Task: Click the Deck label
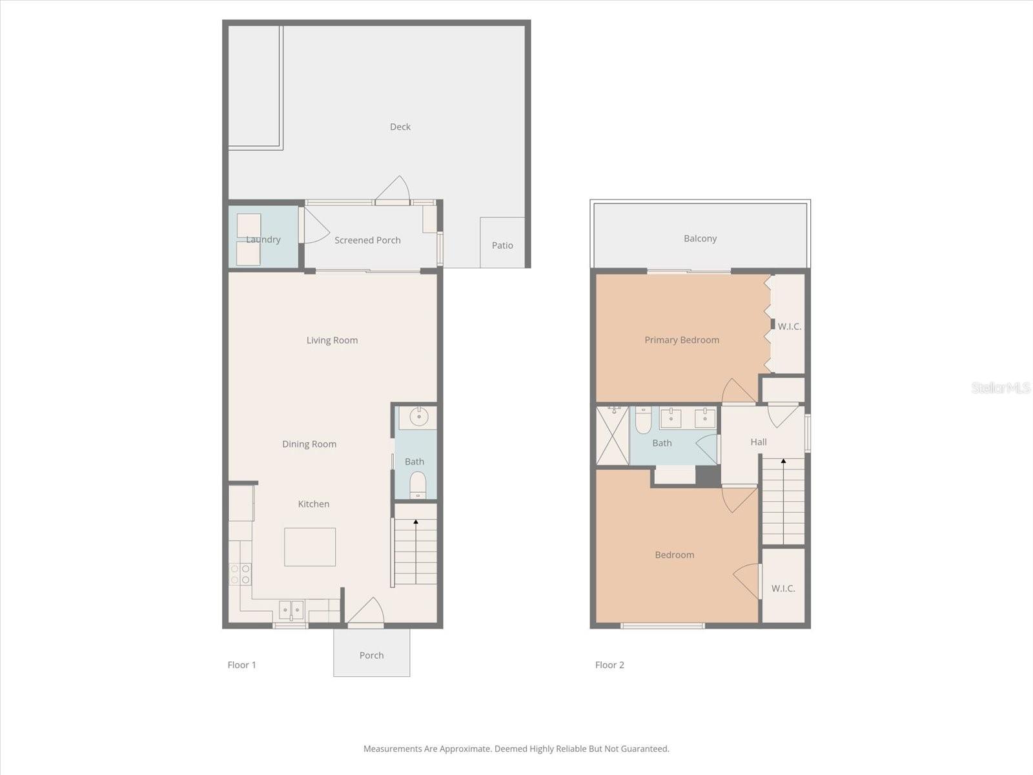[400, 127]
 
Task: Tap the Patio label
[502, 245]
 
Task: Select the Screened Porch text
[367, 240]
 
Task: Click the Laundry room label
[263, 240]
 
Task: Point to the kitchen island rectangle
[310, 547]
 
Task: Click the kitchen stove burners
[240, 574]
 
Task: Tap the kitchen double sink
[291, 609]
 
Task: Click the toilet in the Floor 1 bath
[418, 484]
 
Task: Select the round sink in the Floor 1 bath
[418, 417]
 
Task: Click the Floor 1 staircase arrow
[416, 522]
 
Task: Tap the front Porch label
[371, 656]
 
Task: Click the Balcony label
[700, 238]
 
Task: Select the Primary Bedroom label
[682, 340]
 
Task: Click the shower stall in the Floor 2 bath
[612, 435]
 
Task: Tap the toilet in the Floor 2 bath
[643, 421]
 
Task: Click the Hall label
[759, 442]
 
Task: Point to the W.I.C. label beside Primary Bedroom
[789, 327]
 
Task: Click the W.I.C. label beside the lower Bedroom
[783, 588]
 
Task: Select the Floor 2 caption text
[609, 665]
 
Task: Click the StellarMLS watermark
[1001, 387]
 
